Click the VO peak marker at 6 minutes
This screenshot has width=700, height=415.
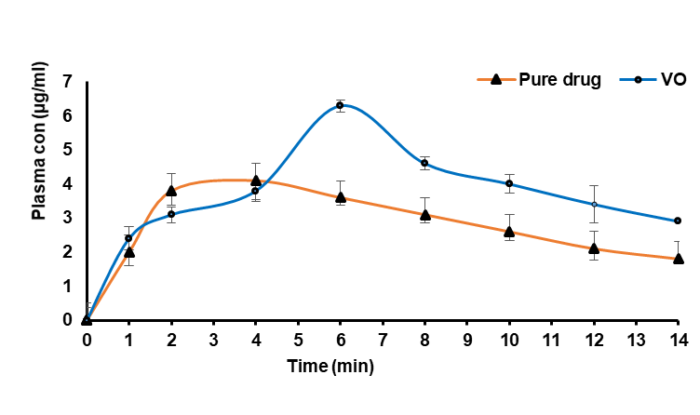[x=340, y=105]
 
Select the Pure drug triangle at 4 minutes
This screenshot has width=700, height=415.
[x=255, y=181]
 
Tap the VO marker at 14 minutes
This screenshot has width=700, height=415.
[x=678, y=221]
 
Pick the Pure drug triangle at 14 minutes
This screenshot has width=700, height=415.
[x=678, y=258]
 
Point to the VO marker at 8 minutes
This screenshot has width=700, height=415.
[x=424, y=163]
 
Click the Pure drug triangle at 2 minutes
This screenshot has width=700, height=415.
[x=171, y=191]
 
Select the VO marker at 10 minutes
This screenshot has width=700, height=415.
[x=509, y=183]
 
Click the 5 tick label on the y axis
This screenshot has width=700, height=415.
[x=67, y=150]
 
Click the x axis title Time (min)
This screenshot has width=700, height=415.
[x=330, y=367]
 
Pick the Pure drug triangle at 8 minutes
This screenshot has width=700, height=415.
[x=424, y=215]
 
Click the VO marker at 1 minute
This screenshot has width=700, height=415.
[x=128, y=238]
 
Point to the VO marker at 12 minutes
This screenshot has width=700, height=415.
[x=593, y=204]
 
